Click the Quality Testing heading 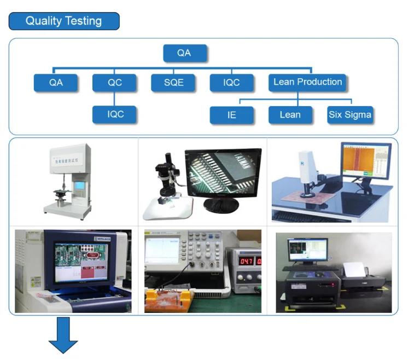pos(64,21)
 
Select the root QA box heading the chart pos(185,53)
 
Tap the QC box pos(114,83)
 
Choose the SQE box pos(173,83)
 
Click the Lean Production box pos(308,82)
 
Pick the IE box pos(232,115)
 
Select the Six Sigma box pos(350,115)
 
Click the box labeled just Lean pos(290,115)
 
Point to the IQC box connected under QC pos(115,114)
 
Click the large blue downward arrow pos(63,335)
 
